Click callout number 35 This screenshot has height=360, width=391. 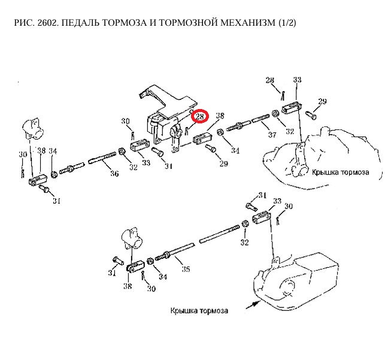point(186,270)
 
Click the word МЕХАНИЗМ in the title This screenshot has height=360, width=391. point(242,23)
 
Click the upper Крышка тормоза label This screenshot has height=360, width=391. point(340,172)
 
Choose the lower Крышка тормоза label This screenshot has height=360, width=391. point(199,311)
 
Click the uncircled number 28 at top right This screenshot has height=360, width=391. point(269,80)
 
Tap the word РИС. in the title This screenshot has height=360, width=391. point(22,23)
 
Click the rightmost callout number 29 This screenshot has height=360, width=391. point(322,102)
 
